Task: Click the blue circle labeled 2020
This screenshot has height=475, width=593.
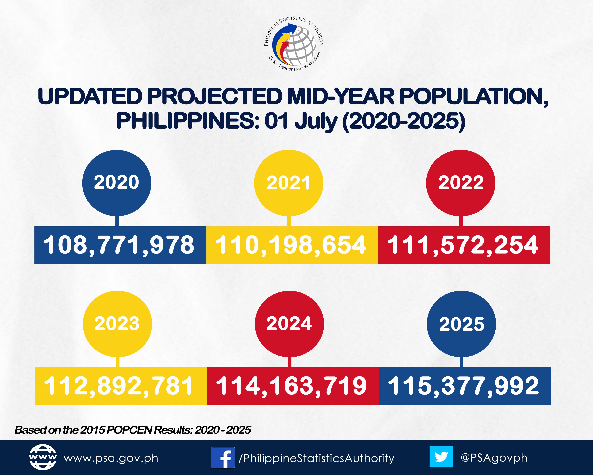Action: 117,183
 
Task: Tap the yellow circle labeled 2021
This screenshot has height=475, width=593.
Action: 289,183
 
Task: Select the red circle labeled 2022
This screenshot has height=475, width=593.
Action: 461,183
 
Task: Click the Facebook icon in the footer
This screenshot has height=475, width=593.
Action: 223,458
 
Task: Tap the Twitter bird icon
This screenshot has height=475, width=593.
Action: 441,457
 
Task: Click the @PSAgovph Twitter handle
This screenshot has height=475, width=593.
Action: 494,458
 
